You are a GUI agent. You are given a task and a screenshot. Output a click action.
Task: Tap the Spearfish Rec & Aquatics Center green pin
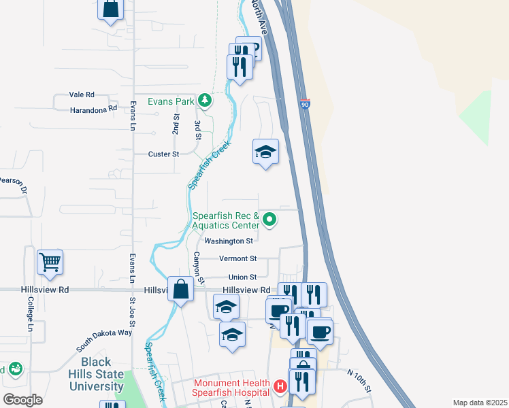(x=269, y=219)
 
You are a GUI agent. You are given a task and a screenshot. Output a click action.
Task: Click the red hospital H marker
(x=279, y=388)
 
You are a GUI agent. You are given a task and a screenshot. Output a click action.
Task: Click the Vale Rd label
(x=82, y=95)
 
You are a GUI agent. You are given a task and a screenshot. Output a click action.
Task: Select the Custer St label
(x=163, y=154)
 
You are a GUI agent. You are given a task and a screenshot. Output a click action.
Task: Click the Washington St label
(x=229, y=241)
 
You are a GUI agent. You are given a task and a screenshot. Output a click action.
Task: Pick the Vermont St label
(x=237, y=258)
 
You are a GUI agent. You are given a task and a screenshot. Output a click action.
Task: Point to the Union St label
(x=242, y=277)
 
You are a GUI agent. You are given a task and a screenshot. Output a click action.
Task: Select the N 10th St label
(x=359, y=381)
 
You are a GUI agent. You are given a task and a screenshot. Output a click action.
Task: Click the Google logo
(x=22, y=399)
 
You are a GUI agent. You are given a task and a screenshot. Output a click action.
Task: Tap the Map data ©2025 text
(x=479, y=403)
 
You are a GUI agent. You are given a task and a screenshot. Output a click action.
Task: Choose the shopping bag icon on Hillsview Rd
(x=181, y=289)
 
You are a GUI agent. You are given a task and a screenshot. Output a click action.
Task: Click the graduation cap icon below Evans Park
(x=265, y=152)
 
